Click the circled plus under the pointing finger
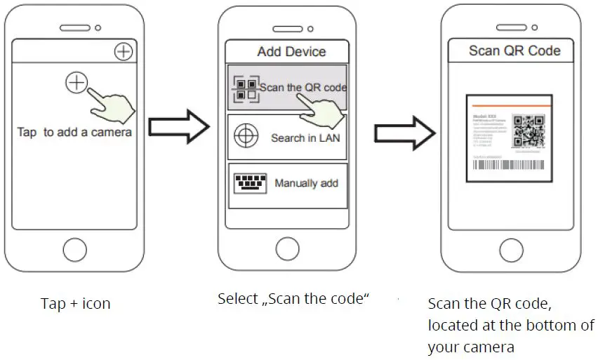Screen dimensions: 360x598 pyautogui.click(x=76, y=83)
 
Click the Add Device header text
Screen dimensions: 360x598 pyautogui.click(x=291, y=51)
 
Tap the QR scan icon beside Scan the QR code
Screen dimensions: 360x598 pyautogui.click(x=246, y=88)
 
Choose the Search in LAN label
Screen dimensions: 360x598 pyautogui.click(x=305, y=138)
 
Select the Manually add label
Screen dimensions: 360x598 pyautogui.click(x=306, y=183)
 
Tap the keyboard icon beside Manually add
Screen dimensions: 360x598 pyautogui.click(x=249, y=182)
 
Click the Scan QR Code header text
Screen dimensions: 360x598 pyautogui.click(x=514, y=51)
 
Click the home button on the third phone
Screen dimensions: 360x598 pyautogui.click(x=511, y=251)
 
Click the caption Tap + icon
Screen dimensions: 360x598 pyautogui.click(x=75, y=304)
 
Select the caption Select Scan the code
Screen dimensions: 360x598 pyautogui.click(x=293, y=298)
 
